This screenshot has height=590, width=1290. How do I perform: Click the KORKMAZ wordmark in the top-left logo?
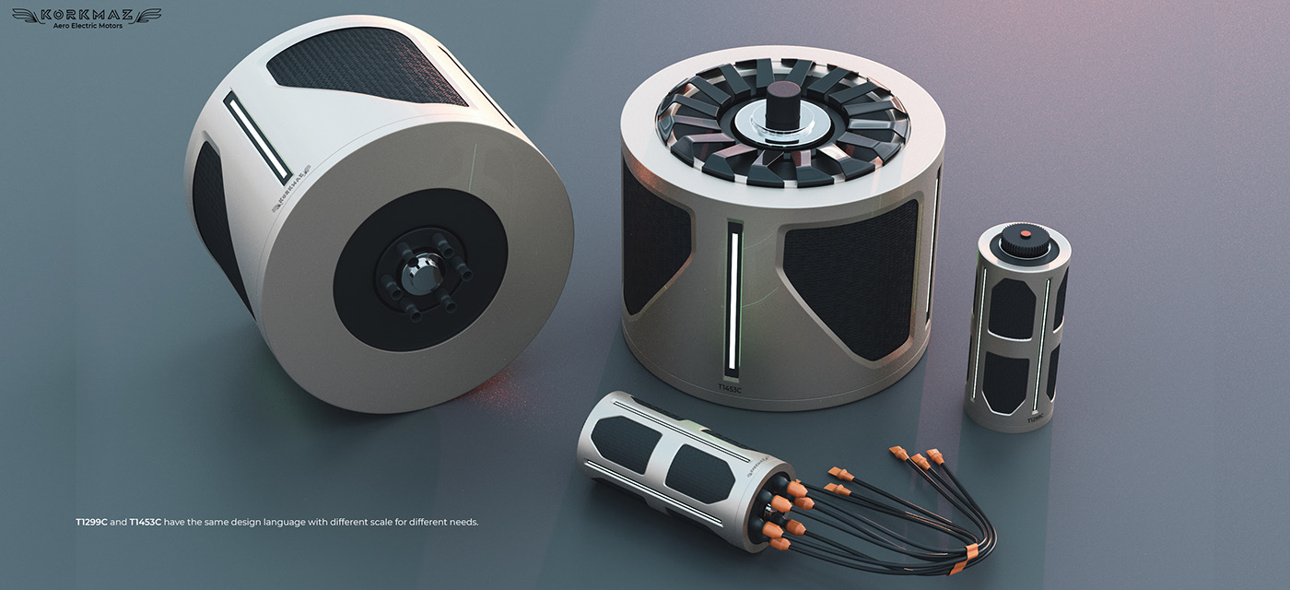[x=87, y=14]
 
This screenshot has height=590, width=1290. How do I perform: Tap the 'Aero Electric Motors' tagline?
[x=87, y=26]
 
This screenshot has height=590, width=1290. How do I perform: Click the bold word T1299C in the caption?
[x=93, y=522]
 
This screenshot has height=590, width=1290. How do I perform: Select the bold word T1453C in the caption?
[x=146, y=522]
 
